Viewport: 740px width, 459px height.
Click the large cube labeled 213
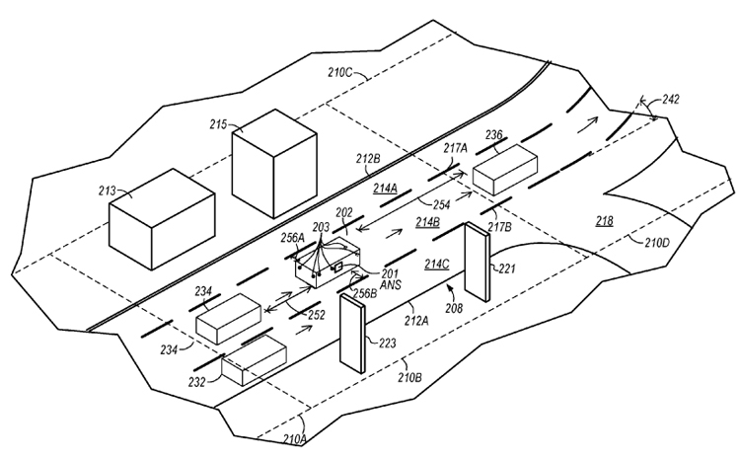(162, 219)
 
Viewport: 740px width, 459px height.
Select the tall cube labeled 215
(274, 164)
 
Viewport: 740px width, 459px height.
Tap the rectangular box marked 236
(505, 170)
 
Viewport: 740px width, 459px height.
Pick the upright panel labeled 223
(352, 334)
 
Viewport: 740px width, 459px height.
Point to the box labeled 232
(254, 360)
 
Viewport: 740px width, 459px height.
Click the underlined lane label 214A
(386, 189)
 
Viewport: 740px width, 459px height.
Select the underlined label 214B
(427, 222)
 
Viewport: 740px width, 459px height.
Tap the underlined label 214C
(436, 264)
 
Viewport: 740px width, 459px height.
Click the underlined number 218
(605, 220)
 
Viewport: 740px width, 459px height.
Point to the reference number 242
(671, 100)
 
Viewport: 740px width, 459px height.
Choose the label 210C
(340, 72)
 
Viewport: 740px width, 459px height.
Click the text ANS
(390, 284)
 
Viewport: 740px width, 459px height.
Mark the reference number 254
(442, 205)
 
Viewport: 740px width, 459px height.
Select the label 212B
(368, 159)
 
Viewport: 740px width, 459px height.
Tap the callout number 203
(321, 227)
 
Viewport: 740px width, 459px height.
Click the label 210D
(657, 243)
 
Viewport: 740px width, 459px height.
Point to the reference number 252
(316, 315)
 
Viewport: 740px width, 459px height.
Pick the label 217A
(455, 148)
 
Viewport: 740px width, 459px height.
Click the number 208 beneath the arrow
(454, 308)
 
